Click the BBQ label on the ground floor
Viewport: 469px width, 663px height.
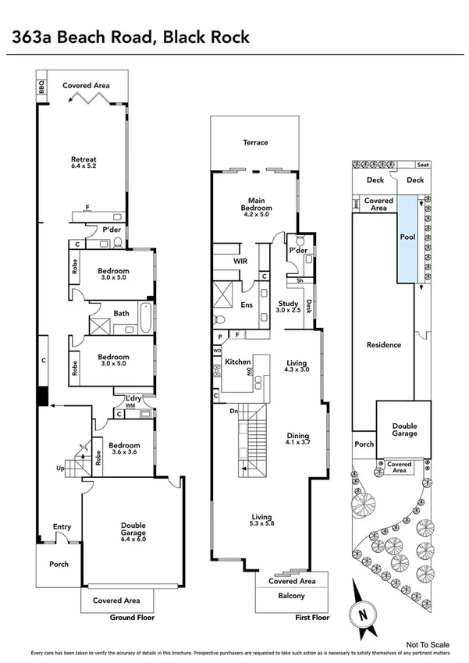coord(41,86)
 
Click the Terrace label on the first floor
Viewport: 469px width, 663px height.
coord(254,142)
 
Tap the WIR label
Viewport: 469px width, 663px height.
coord(240,262)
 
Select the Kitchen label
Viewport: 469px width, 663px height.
coord(237,362)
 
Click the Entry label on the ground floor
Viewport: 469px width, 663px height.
coord(62,527)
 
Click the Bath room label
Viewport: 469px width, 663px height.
coord(121,314)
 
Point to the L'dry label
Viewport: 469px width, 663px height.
coord(133,398)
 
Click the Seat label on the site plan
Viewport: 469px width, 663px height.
coord(423,165)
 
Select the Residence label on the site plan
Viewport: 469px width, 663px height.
coord(384,344)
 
